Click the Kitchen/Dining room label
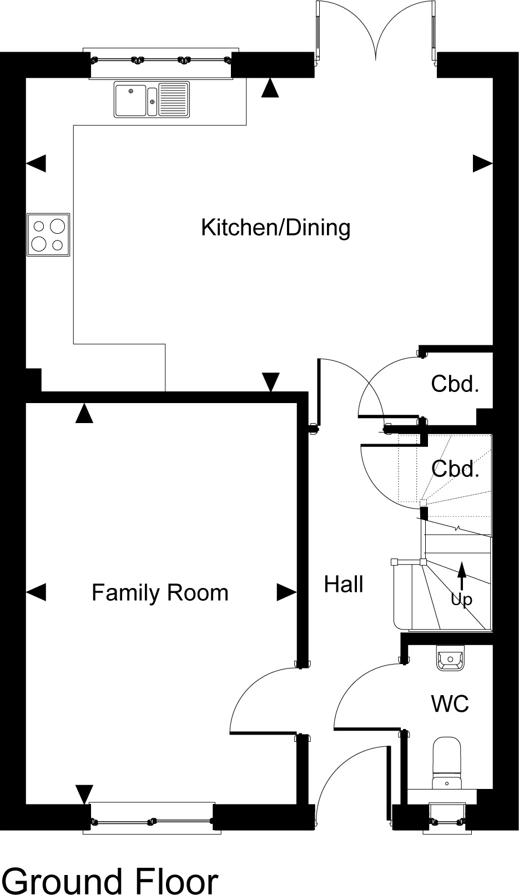click(x=276, y=228)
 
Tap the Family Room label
click(x=160, y=592)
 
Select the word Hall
click(x=344, y=584)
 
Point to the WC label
click(x=450, y=703)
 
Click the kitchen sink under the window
click(x=152, y=99)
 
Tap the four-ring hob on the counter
click(x=48, y=234)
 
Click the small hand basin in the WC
click(x=450, y=658)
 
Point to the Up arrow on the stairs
click(x=461, y=576)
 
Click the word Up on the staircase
click(x=461, y=599)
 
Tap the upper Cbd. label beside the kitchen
click(x=455, y=384)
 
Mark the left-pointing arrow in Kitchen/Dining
click(x=36, y=163)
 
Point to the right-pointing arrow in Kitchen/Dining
click(x=482, y=163)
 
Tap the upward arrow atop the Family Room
click(x=84, y=413)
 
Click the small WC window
click(x=447, y=819)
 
